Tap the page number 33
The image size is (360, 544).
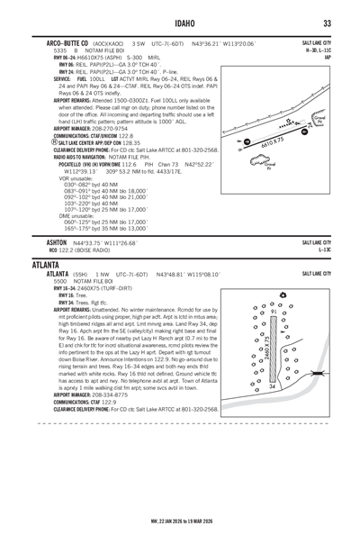coord(328,23)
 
